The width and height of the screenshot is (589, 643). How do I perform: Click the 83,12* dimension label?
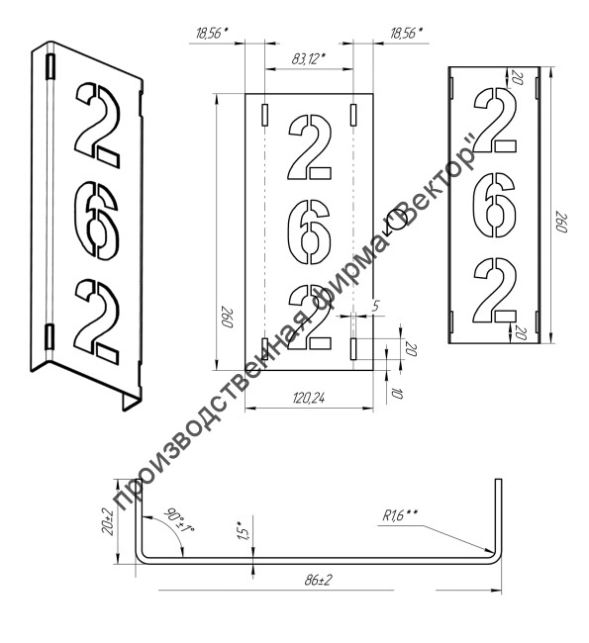(x=308, y=59)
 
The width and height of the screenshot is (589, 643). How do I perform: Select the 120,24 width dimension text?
(x=309, y=398)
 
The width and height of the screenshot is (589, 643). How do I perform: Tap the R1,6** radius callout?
(x=400, y=515)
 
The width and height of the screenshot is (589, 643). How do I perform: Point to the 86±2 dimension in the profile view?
(x=319, y=581)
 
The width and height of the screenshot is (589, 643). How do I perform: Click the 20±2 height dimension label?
(x=108, y=520)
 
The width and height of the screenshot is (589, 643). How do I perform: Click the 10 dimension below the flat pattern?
(x=398, y=394)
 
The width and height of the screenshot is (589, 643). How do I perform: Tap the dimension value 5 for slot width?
(x=376, y=306)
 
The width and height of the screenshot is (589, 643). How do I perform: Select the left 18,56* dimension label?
(x=212, y=34)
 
